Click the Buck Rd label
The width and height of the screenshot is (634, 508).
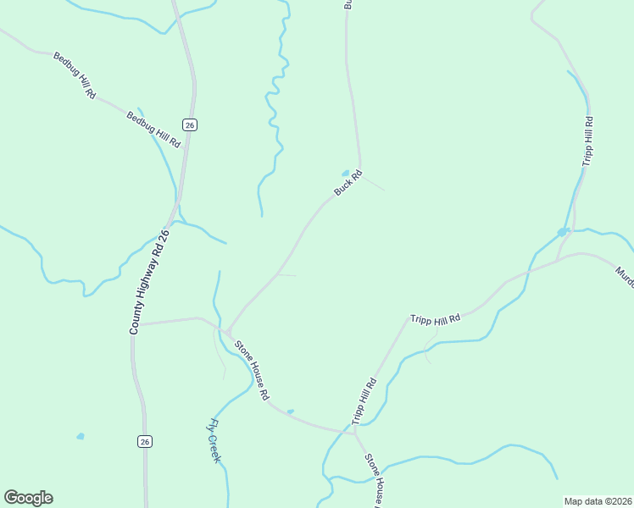click(x=348, y=183)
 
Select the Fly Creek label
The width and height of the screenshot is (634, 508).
click(x=215, y=440)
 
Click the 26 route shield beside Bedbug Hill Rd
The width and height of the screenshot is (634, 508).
click(x=190, y=124)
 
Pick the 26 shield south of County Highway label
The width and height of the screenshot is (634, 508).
click(x=145, y=441)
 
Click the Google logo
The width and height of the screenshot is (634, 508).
click(x=28, y=498)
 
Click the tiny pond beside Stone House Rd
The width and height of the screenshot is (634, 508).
click(x=290, y=412)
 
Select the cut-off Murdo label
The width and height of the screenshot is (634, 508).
click(x=624, y=276)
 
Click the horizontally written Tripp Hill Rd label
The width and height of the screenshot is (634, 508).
click(x=435, y=318)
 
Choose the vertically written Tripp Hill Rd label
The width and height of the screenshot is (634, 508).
click(x=587, y=141)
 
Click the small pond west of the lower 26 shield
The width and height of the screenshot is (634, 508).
click(x=81, y=436)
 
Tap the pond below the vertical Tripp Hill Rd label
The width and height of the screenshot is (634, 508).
click(x=562, y=231)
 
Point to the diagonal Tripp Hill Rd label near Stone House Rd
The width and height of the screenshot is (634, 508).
click(x=364, y=401)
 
